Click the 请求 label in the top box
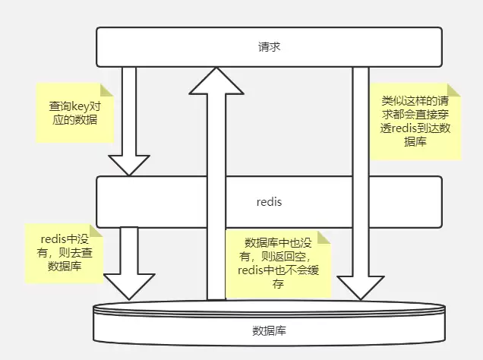pos(269,47)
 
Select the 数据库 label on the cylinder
pos(269,331)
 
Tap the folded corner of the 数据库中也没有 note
pos(326,236)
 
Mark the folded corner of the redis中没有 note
pos(98,231)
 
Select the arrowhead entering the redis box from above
pos(128,164)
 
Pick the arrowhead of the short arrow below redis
pos(128,286)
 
